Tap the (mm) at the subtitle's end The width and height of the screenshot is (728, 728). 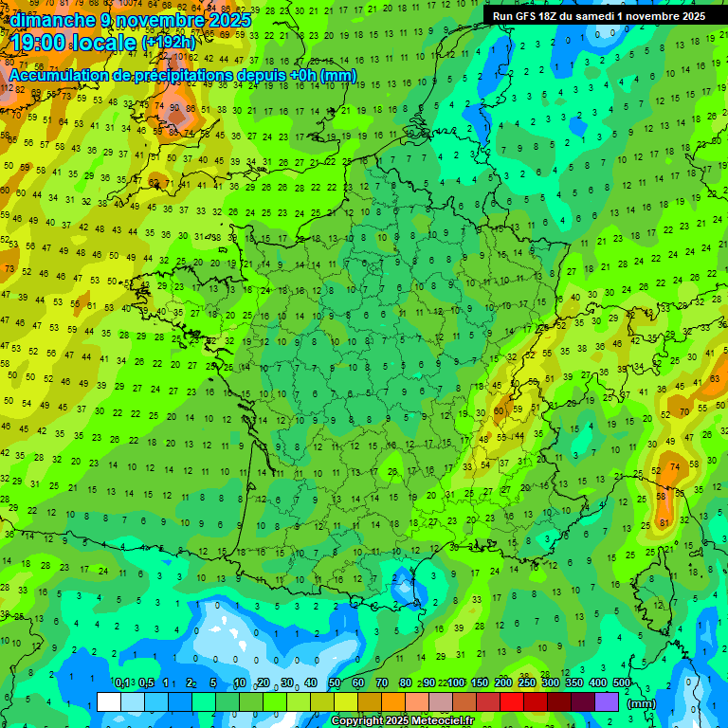coord(339,75)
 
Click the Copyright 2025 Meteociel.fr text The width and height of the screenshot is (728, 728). coord(403,721)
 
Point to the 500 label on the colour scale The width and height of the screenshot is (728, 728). coord(621,683)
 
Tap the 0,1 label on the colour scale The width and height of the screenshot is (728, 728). coord(121,683)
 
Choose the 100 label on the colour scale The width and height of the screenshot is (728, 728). coord(456,683)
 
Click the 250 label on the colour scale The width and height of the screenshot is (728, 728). coord(527,683)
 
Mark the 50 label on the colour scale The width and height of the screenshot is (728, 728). coord(335,683)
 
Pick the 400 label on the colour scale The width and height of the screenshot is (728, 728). coord(597,683)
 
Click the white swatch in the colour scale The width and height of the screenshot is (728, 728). coord(109,701)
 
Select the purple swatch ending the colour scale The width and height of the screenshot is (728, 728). coord(607,701)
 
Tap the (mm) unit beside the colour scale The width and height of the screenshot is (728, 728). coord(642,703)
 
